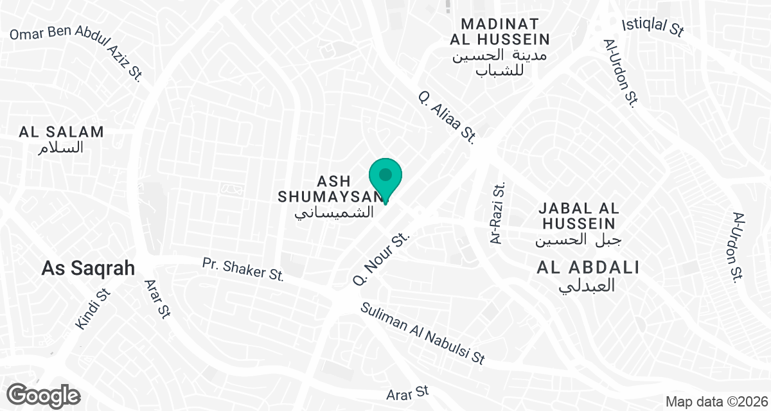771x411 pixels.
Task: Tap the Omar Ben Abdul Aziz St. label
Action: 76,51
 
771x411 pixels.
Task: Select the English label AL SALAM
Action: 62,132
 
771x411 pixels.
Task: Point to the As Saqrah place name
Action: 88,268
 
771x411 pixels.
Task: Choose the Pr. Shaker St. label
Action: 243,268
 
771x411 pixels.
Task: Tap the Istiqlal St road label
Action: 653,26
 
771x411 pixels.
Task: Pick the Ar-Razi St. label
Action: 498,213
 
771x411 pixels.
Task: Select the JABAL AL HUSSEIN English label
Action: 579,216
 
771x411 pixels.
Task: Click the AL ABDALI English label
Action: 588,268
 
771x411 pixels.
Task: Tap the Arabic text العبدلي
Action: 588,285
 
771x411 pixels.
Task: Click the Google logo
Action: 44,394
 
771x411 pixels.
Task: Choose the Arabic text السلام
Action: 62,148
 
